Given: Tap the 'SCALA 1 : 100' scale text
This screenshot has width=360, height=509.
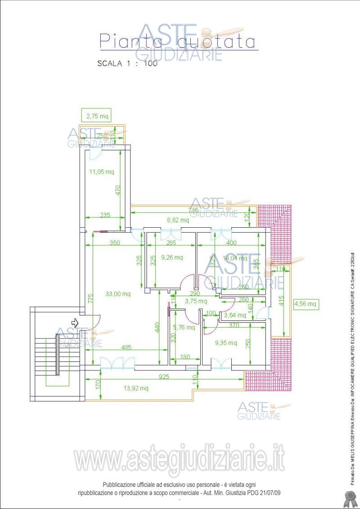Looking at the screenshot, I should tap(127, 63).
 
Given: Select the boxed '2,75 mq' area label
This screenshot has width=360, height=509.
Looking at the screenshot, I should tap(97, 116).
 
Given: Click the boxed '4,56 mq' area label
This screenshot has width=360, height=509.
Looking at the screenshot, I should tap(306, 304).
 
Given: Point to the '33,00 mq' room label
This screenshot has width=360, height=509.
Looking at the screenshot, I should tap(118, 294).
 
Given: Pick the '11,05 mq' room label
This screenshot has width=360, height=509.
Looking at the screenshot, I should tap(101, 171).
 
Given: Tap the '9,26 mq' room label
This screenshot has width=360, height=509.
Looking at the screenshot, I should tap(172, 257).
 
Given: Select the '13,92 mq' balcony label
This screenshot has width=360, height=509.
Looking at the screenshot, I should tap(135, 388).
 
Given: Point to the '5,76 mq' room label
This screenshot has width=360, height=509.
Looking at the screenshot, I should tap(184, 327).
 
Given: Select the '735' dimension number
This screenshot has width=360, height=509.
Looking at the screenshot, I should tap(193, 210).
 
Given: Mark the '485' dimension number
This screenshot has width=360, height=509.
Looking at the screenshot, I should tap(126, 347).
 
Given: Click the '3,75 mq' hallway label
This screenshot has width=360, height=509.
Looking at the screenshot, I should tap(196, 301).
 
